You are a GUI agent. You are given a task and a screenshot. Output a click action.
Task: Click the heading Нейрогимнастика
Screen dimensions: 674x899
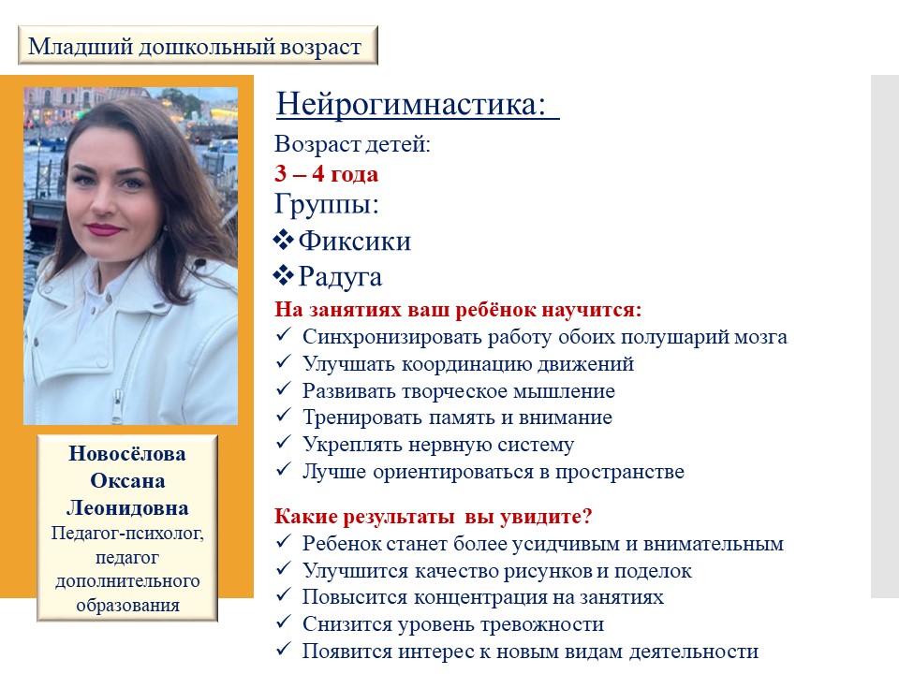(410, 105)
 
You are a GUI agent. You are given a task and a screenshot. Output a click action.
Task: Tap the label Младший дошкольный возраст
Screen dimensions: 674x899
(195, 46)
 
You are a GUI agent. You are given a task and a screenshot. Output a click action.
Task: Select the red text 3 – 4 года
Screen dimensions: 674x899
(326, 174)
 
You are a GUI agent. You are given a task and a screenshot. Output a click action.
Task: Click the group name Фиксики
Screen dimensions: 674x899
(355, 242)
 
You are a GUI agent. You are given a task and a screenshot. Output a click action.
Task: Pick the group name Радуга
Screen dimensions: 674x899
(340, 277)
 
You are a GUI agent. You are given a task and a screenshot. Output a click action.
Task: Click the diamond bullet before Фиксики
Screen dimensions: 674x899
(283, 241)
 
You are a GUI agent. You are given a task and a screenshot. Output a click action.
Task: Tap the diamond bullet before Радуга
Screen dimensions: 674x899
(283, 275)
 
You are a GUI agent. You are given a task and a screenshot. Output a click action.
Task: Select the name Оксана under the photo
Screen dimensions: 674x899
(127, 481)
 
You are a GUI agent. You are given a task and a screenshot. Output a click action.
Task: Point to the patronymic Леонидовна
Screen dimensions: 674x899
(127, 508)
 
